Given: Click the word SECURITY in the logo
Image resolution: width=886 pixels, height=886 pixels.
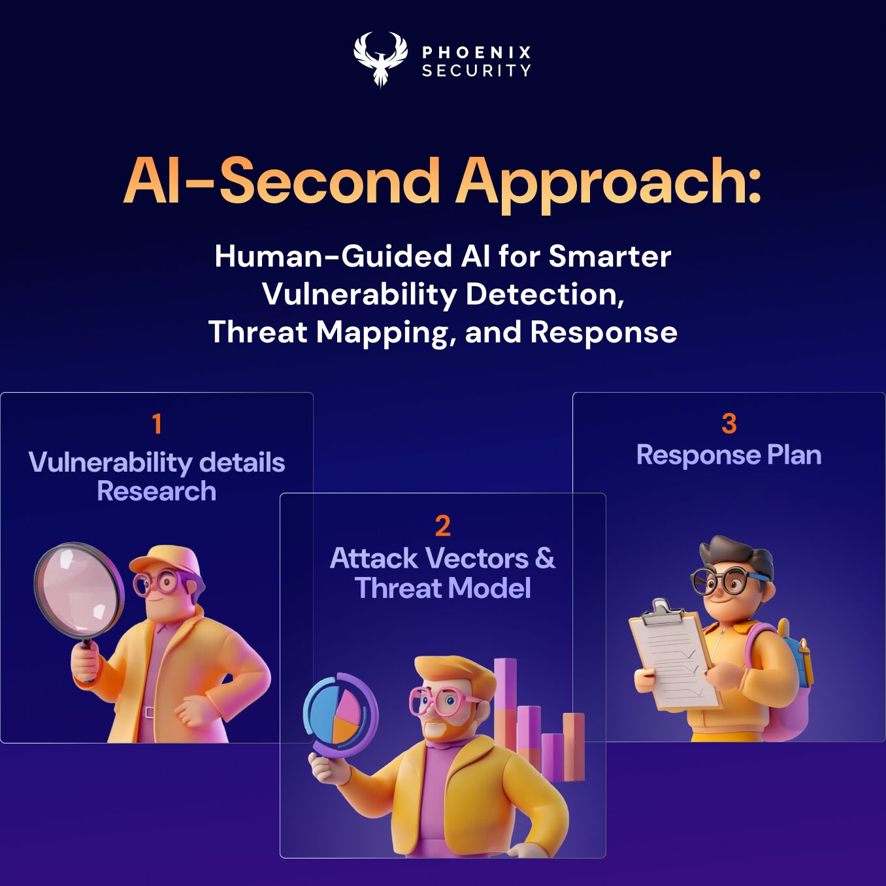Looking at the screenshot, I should point(476,71).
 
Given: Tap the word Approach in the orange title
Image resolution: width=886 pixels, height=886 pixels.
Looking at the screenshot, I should point(608,182).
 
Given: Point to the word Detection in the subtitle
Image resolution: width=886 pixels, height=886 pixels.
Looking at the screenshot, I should point(544,294).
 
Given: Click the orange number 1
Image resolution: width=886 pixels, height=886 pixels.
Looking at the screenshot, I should point(157,424).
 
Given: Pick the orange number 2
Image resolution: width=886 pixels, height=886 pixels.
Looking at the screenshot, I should point(442,526).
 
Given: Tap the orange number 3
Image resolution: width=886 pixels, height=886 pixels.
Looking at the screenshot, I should point(729,423).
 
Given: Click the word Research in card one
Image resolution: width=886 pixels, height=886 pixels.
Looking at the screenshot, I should point(157,491).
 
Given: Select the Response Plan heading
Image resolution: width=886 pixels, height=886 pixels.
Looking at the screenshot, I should point(729,455).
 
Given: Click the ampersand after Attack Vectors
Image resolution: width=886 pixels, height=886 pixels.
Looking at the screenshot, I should point(545,559).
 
